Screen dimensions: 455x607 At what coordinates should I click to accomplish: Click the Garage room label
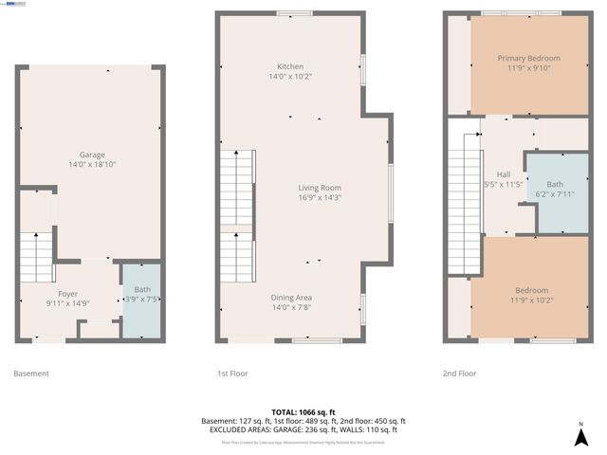(92, 155)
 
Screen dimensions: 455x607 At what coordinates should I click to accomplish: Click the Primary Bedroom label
(529, 58)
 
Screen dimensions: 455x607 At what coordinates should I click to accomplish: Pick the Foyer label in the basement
(67, 294)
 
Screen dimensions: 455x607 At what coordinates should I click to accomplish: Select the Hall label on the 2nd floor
(503, 174)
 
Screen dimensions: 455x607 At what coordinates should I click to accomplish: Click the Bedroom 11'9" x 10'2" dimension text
(529, 300)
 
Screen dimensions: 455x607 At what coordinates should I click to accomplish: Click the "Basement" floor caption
(31, 373)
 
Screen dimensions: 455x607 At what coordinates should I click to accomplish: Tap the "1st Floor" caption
(232, 373)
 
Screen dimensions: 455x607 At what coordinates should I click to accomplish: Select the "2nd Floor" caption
(460, 373)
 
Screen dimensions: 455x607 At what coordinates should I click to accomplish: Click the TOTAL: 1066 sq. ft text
(303, 412)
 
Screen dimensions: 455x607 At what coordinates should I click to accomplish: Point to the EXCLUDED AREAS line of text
(303, 429)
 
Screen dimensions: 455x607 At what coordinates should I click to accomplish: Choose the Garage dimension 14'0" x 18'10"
(92, 164)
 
